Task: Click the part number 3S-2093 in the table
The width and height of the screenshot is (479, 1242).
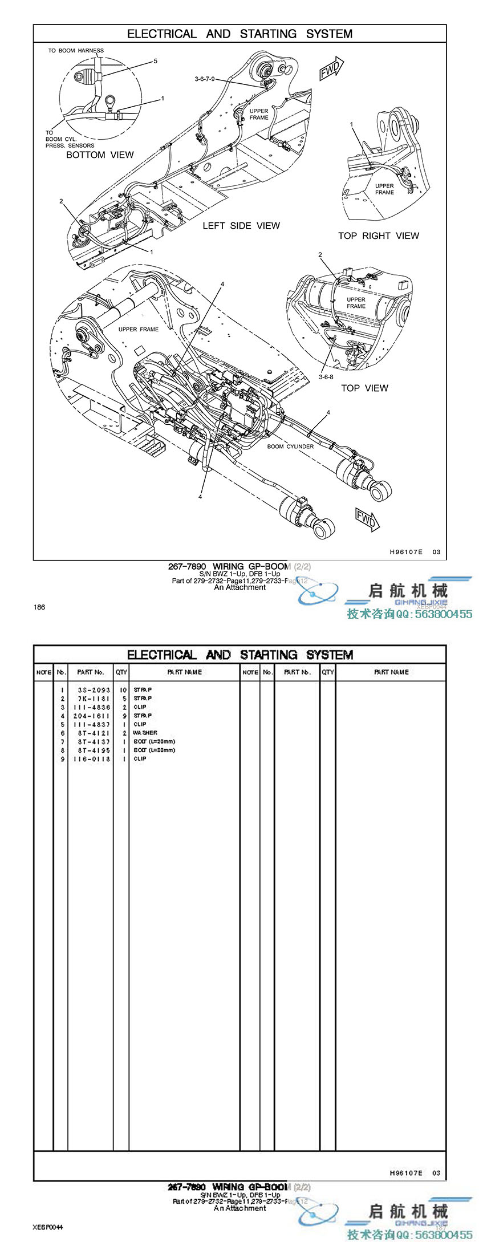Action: (x=94, y=690)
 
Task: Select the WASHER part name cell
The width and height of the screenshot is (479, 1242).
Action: (x=145, y=733)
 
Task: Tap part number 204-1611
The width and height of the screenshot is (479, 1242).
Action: (x=91, y=716)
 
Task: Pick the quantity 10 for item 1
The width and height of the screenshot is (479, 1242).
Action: (x=123, y=690)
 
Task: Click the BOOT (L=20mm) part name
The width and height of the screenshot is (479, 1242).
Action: (x=154, y=741)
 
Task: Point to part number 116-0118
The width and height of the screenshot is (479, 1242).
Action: (x=91, y=759)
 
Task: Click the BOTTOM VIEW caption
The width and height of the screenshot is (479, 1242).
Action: (x=100, y=155)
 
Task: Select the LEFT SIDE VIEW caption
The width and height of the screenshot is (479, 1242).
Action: (x=241, y=226)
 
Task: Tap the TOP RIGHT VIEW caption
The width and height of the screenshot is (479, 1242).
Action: (x=378, y=236)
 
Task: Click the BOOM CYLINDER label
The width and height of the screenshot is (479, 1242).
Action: (x=290, y=447)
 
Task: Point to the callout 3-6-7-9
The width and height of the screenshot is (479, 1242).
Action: (x=204, y=79)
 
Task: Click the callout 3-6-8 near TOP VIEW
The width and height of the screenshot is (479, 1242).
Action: (x=326, y=377)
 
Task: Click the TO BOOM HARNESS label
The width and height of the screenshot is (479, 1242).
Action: (x=76, y=51)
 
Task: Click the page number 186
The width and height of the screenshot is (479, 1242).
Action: (x=39, y=607)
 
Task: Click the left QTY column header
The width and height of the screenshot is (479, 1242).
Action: (x=121, y=672)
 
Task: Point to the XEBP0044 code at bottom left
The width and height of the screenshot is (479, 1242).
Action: (x=48, y=1226)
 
